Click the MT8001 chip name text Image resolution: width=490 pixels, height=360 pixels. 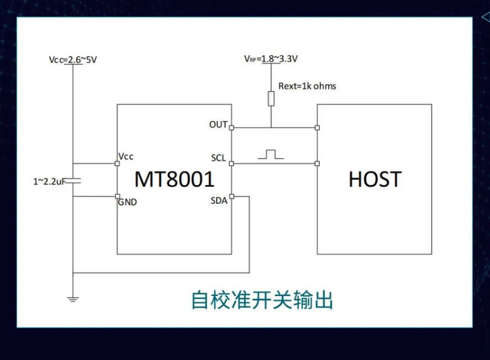click(x=174, y=179)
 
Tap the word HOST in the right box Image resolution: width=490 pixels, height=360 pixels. click(x=374, y=179)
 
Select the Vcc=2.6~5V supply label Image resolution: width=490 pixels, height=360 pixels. click(x=73, y=60)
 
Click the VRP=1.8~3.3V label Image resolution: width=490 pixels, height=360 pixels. click(x=271, y=59)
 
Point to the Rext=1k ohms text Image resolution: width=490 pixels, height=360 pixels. click(x=307, y=86)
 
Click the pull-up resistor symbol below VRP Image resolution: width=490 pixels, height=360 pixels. click(x=271, y=98)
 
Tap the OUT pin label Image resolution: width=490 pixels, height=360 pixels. click(x=218, y=125)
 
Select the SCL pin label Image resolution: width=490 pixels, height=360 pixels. click(x=218, y=159)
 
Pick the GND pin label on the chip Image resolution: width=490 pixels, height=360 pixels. click(x=127, y=202)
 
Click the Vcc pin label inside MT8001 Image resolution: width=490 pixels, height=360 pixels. click(x=126, y=156)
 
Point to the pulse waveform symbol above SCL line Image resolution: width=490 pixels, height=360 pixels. click(x=270, y=154)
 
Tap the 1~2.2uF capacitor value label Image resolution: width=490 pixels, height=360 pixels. click(x=48, y=181)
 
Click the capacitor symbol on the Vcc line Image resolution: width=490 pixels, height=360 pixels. click(x=73, y=181)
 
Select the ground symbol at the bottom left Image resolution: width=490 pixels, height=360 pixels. click(x=73, y=298)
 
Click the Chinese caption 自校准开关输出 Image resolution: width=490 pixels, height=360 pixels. click(x=262, y=300)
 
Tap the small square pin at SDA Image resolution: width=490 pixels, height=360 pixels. click(x=232, y=196)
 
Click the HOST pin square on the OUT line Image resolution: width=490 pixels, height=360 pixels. click(x=317, y=127)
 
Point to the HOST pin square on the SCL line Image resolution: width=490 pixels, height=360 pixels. click(x=317, y=164)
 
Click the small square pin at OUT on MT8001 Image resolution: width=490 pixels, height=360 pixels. click(x=232, y=127)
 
